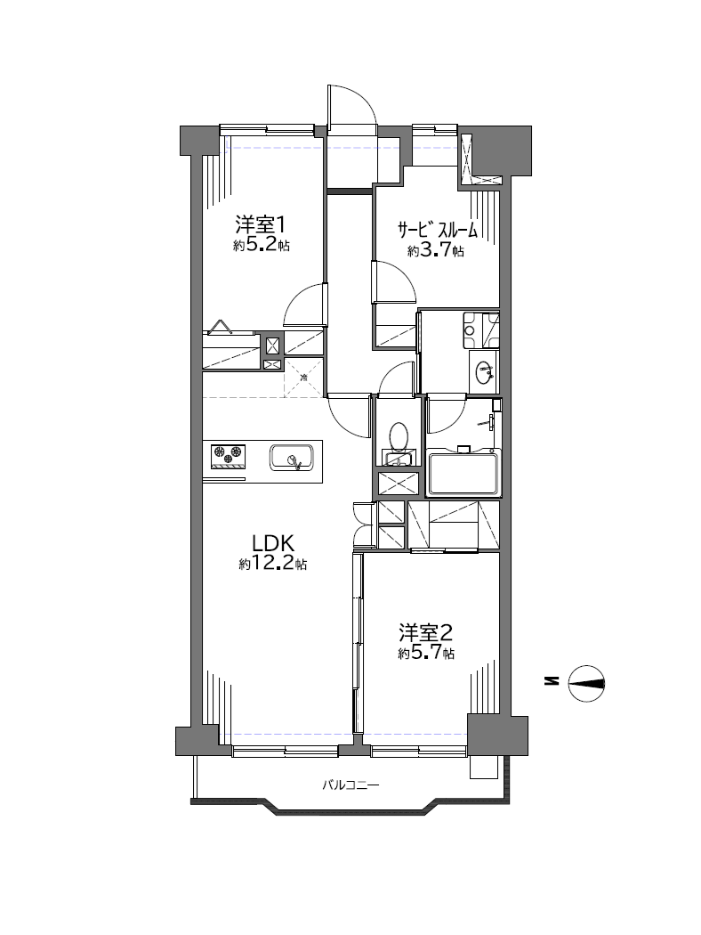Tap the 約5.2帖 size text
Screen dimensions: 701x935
[261, 245]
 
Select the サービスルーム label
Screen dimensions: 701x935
[438, 229]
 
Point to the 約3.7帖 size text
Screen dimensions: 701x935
[436, 251]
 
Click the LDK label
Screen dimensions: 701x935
[273, 544]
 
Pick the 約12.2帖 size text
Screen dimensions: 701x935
[273, 564]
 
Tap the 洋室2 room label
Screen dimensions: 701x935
[426, 632]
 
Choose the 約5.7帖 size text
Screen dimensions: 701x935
[426, 653]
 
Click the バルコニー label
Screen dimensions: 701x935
[350, 785]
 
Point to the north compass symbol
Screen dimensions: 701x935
[586, 683]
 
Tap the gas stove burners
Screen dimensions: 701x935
[229, 453]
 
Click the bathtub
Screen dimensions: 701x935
[463, 474]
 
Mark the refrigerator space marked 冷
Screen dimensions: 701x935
[303, 378]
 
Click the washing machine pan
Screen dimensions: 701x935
[483, 328]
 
